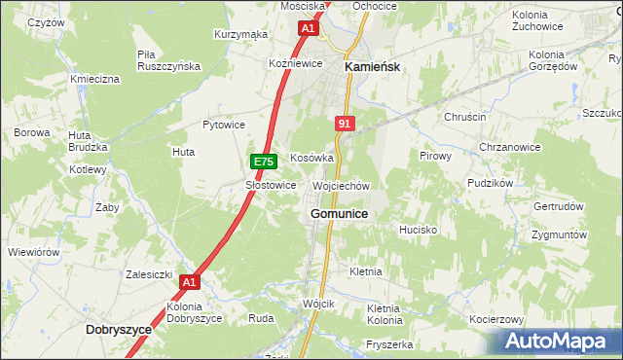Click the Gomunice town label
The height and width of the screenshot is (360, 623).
(339, 213)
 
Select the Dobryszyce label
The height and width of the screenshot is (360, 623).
(118, 330)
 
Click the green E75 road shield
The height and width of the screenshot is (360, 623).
(261, 161)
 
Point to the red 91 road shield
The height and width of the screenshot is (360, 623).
(345, 124)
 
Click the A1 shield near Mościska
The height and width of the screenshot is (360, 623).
(308, 29)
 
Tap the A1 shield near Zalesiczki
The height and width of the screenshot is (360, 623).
(190, 283)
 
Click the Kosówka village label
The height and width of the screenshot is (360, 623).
(311, 158)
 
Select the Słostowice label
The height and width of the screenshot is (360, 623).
(271, 185)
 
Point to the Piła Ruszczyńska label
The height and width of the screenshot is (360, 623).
(168, 59)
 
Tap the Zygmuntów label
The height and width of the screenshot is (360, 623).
(560, 235)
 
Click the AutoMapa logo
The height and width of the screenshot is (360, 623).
(557, 342)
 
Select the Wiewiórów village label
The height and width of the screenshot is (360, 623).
(34, 251)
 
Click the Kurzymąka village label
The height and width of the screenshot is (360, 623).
(240, 34)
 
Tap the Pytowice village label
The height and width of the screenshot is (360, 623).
(223, 125)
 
